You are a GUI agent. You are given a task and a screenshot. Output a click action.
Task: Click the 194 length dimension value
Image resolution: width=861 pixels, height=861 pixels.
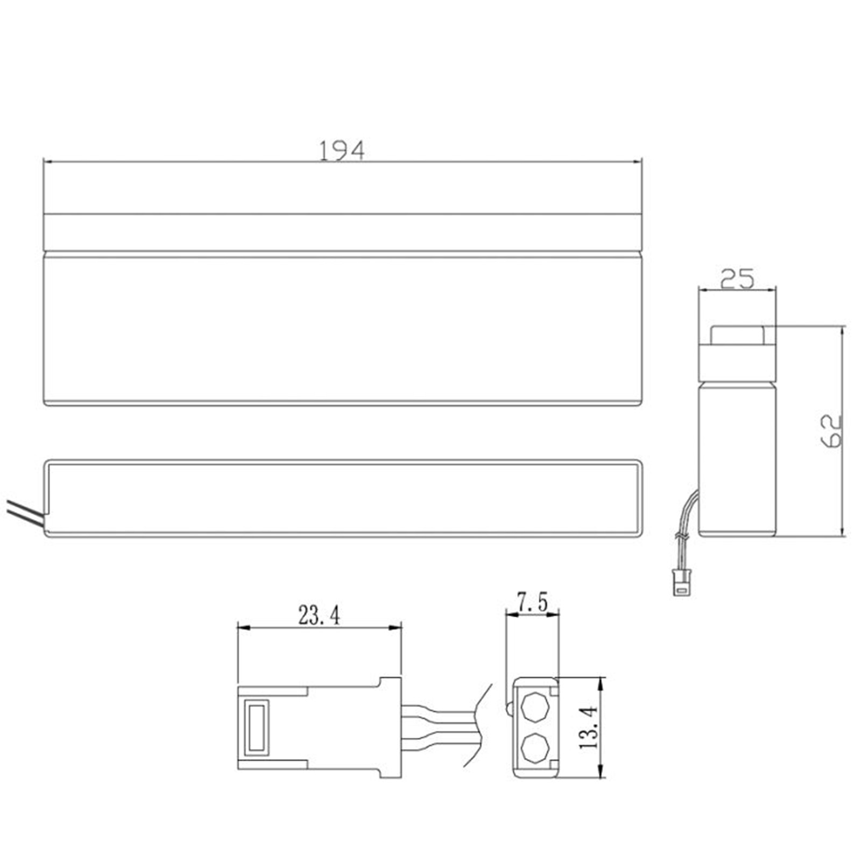(342, 151)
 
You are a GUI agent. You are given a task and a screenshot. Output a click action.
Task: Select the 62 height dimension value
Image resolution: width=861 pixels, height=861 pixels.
(830, 430)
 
